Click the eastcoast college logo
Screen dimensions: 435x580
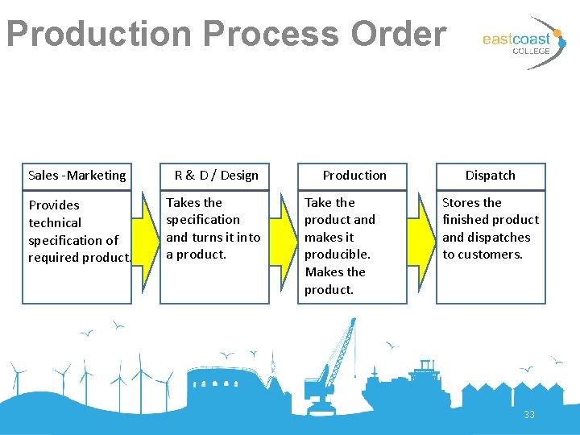(520, 42)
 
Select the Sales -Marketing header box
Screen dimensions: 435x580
(77, 176)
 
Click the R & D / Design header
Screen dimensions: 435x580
(216, 176)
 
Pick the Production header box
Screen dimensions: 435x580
(354, 176)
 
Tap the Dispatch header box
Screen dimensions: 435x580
(491, 176)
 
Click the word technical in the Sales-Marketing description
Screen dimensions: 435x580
(55, 223)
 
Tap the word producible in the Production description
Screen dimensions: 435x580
(337, 255)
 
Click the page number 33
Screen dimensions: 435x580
(529, 415)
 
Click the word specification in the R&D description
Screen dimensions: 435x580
(203, 220)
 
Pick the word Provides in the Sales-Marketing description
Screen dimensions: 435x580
(54, 205)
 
